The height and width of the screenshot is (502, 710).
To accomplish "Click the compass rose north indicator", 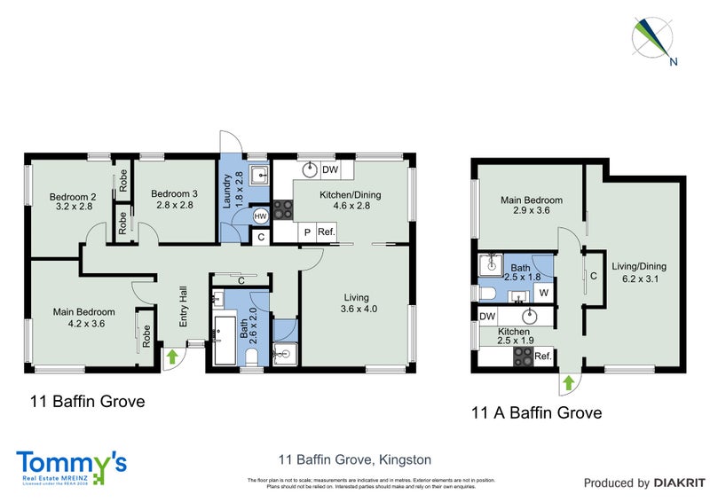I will tap(655, 39).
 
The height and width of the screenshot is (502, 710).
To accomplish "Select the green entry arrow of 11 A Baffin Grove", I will tap(567, 383).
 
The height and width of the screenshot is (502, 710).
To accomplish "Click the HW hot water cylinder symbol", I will tap(260, 216).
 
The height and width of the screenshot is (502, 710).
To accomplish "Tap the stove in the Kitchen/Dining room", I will tap(284, 210).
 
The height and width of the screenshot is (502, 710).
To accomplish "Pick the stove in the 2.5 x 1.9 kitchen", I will tap(524, 356).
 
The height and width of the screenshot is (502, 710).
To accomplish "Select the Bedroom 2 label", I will tap(73, 201).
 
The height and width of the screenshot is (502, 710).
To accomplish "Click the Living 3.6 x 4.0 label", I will tap(358, 303).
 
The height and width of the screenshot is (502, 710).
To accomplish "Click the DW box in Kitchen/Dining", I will tap(330, 170).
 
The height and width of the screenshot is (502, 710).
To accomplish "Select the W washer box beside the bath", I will tap(543, 292).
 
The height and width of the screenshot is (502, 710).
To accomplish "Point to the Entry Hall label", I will tap(184, 305).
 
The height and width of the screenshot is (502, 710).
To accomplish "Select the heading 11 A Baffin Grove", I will tap(537, 412).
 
